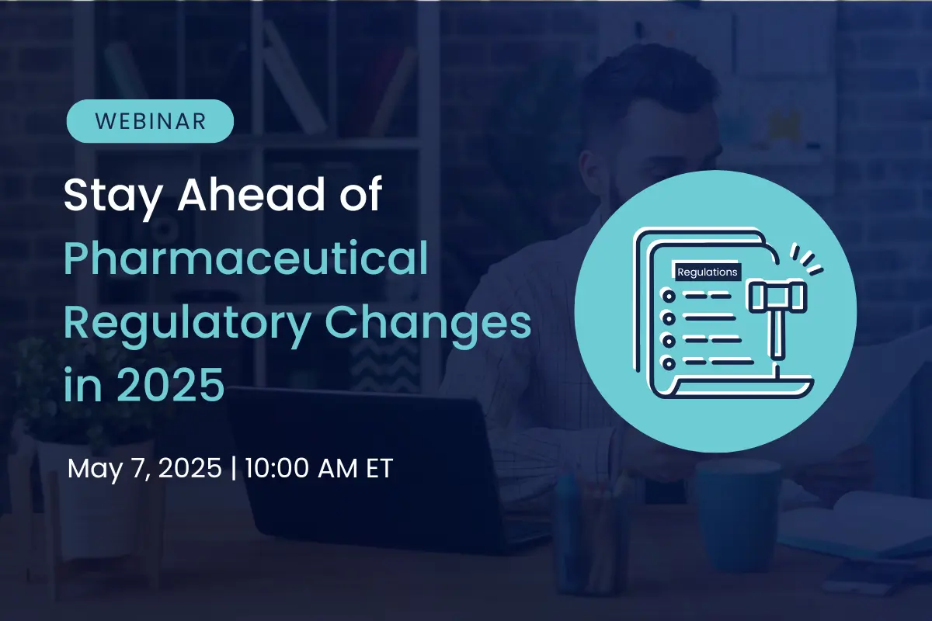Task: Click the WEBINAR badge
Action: click(150, 121)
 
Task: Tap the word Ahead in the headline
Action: click(252, 194)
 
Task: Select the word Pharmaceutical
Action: click(246, 258)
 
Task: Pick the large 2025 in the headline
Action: click(171, 384)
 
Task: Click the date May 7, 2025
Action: click(144, 468)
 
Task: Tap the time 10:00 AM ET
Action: click(318, 468)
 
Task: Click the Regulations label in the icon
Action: click(708, 272)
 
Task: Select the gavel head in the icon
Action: click(777, 297)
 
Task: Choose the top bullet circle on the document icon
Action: click(669, 297)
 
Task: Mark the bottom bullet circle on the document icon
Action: click(669, 363)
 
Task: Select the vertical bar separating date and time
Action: click(234, 468)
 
